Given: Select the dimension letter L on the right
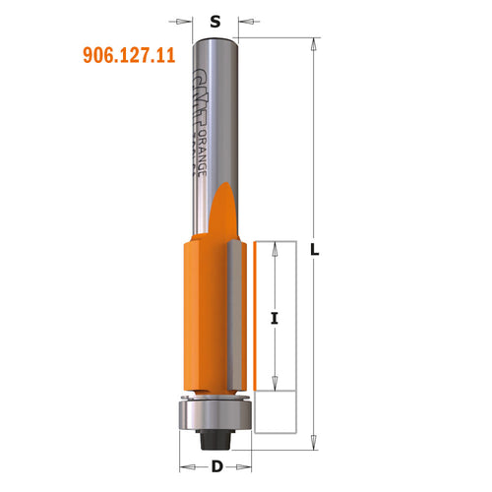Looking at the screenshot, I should coord(315,251).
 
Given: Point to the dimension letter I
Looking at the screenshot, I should coord(276,317).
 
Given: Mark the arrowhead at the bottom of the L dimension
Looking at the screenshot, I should coord(315,442).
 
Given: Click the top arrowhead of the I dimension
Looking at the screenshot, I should coord(276,249).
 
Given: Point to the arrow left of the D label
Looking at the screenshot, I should coord(186,465).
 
